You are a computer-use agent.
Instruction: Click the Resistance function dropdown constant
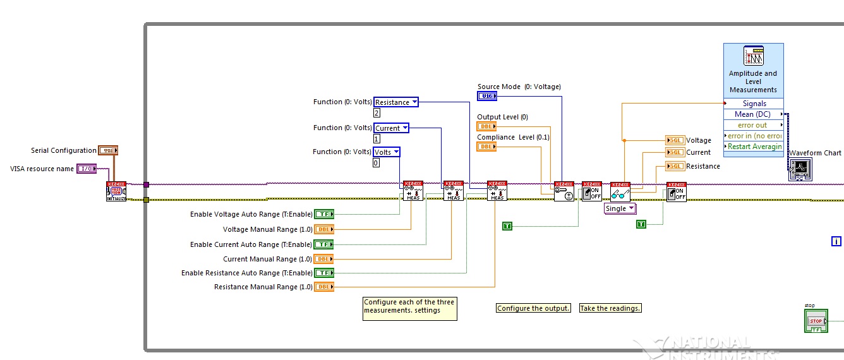click(x=396, y=102)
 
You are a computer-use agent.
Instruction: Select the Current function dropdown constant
click(x=392, y=128)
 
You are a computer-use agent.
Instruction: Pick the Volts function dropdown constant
click(x=387, y=152)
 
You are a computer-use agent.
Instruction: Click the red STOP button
click(x=816, y=321)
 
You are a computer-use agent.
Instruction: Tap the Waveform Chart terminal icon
click(x=800, y=170)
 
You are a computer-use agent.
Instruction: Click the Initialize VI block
click(x=116, y=191)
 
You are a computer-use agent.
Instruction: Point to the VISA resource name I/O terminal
click(x=87, y=169)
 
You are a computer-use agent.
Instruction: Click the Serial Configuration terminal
click(x=108, y=150)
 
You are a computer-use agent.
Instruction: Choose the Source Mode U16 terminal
click(x=487, y=96)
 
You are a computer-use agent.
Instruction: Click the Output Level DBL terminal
click(x=486, y=126)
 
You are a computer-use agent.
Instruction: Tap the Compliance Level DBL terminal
click(x=486, y=147)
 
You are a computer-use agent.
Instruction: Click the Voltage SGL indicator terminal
click(x=675, y=140)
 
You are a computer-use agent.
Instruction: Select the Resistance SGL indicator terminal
click(x=675, y=166)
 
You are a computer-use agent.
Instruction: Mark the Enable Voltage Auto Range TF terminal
click(x=324, y=214)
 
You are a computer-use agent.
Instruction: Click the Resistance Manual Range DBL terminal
click(x=324, y=287)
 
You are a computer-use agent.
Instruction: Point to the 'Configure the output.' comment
click(x=533, y=308)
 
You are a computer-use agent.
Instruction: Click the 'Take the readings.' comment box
click(x=610, y=308)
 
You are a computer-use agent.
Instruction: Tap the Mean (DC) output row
click(x=753, y=114)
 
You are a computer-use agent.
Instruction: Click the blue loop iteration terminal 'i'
click(x=836, y=241)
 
